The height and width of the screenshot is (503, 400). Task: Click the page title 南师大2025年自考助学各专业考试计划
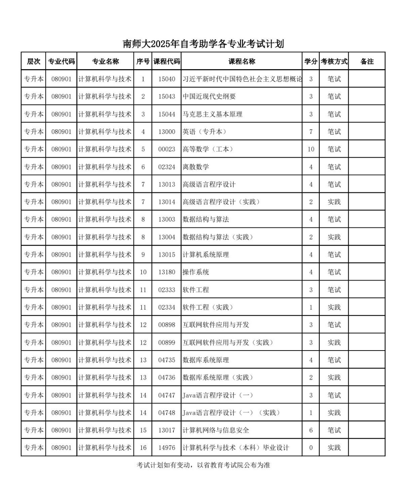click(203, 44)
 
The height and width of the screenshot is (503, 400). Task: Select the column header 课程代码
click(167, 61)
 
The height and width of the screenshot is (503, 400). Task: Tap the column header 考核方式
click(334, 61)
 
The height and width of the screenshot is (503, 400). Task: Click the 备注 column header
click(367, 61)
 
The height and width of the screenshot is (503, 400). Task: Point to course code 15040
click(167, 79)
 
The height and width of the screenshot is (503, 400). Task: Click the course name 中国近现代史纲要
click(209, 97)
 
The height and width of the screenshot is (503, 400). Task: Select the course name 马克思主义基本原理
click(212, 114)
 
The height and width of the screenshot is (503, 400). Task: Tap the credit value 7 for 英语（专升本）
click(311, 132)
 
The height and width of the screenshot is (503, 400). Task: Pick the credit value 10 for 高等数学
click(311, 149)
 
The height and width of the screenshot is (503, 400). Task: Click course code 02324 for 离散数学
click(167, 167)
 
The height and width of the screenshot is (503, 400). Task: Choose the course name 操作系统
click(196, 272)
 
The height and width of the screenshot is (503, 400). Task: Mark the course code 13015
click(167, 255)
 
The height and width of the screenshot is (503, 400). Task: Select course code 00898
click(167, 325)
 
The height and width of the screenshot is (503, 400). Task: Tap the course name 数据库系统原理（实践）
click(218, 378)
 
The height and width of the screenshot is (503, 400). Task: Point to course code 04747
click(167, 395)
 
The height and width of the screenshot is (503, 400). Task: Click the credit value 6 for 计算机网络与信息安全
click(311, 430)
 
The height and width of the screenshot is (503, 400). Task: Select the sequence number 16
click(143, 448)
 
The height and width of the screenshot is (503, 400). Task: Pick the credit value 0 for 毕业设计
click(311, 448)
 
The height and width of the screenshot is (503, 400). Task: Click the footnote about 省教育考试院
click(203, 465)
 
